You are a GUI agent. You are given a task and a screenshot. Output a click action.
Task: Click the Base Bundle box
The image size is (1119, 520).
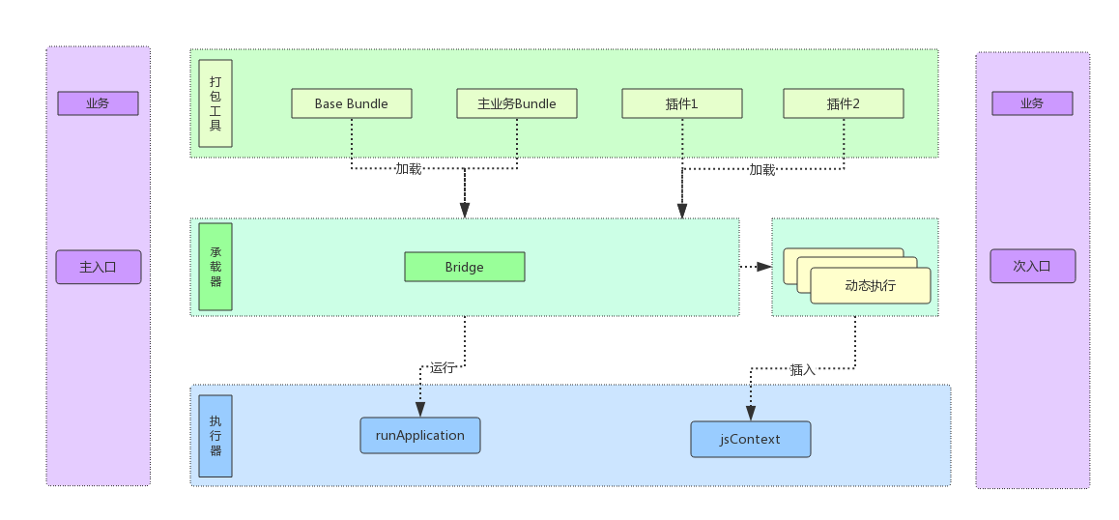coord(351,103)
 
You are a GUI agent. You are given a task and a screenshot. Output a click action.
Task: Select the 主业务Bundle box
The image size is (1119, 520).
coord(517,103)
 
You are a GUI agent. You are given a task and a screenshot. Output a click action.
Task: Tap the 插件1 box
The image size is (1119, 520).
coord(682,103)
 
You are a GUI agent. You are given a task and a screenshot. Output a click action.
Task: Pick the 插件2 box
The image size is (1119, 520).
coord(844,103)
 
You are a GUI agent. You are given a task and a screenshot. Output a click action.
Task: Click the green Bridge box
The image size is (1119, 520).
coord(465,267)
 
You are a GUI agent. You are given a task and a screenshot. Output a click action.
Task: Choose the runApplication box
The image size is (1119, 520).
coord(420,436)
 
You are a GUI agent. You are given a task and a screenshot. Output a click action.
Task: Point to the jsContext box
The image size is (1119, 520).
coord(751,439)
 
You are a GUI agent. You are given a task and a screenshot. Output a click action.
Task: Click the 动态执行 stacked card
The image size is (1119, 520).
coord(871,286)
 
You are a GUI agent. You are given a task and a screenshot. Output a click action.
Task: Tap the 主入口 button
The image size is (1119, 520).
coord(99,267)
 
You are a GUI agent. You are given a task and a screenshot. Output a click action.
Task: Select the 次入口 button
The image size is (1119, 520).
coord(1033,267)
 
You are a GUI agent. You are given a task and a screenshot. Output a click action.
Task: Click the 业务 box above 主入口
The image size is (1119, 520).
coord(99,103)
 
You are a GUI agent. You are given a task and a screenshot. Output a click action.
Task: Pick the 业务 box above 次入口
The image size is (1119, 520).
coord(1033,103)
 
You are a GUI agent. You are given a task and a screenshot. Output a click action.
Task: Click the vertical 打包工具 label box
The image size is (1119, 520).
coord(215,103)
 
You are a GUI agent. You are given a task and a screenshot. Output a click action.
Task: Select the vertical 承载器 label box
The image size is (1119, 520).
coord(215,267)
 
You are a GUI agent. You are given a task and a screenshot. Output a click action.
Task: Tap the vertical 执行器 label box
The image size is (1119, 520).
coord(215,437)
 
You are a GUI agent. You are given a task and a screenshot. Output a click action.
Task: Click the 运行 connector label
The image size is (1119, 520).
coord(443,368)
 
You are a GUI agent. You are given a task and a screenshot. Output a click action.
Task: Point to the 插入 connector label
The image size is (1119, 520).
coord(803,370)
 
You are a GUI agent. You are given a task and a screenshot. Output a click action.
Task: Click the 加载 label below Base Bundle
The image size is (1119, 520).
coord(409,169)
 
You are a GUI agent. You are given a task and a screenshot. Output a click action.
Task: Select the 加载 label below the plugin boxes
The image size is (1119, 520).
coord(762,170)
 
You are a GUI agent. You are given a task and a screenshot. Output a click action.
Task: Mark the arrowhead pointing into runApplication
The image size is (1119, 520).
coord(420,410)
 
